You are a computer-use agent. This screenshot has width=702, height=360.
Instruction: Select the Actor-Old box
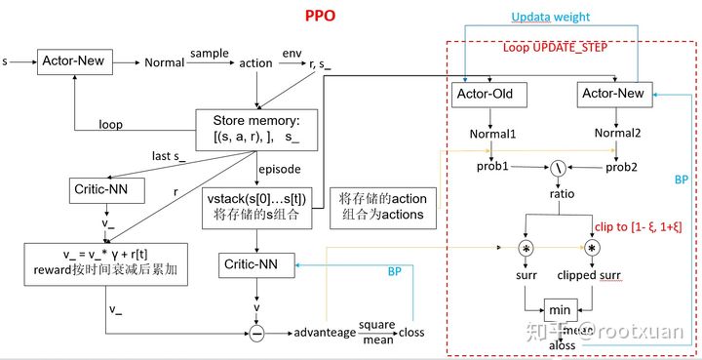click(490, 94)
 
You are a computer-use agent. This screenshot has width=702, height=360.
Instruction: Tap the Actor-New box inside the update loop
click(612, 94)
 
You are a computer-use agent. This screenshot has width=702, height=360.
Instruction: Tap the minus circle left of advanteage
click(256, 334)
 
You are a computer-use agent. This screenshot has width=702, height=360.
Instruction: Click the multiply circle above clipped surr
click(592, 249)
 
